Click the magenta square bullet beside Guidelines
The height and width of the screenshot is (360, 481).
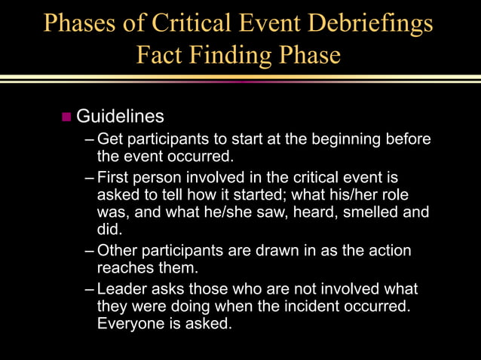(66, 117)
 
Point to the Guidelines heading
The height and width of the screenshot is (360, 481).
(120, 117)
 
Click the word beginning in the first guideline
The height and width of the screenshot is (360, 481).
(342, 139)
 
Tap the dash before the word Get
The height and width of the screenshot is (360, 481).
(90, 140)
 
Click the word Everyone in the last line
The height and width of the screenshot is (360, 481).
(129, 324)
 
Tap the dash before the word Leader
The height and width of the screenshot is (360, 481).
(90, 290)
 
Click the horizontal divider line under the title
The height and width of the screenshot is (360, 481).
(240, 78)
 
